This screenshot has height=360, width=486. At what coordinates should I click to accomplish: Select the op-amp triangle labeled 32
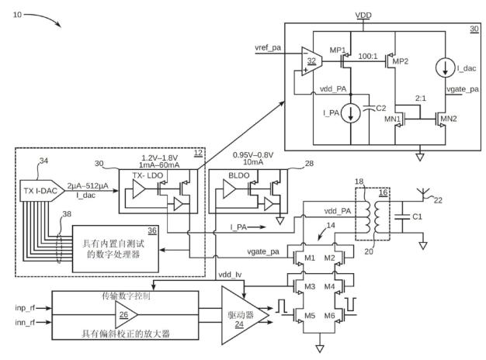(x=311, y=61)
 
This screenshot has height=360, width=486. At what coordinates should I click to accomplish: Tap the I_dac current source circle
(x=445, y=68)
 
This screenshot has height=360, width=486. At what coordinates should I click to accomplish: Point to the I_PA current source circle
(x=351, y=112)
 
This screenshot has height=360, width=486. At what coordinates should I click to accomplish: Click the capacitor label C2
(x=381, y=108)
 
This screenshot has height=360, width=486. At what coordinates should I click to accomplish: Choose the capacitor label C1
(x=417, y=216)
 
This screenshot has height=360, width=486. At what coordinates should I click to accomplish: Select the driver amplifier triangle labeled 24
(x=241, y=316)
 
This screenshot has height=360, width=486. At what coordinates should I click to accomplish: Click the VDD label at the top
(x=363, y=16)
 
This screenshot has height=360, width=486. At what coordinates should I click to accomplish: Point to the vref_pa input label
(x=268, y=47)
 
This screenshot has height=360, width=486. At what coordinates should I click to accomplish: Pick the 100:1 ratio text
(x=368, y=56)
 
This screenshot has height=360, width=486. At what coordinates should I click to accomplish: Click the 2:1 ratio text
(x=421, y=99)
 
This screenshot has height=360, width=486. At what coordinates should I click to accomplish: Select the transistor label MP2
(x=400, y=61)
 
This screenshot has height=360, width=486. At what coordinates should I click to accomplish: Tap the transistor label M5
(x=310, y=315)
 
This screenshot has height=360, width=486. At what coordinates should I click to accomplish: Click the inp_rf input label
(x=25, y=308)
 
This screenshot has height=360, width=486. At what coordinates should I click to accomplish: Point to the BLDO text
(x=238, y=175)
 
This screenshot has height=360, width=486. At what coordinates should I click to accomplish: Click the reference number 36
(x=152, y=230)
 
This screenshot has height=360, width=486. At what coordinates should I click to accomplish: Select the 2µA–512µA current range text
(x=88, y=186)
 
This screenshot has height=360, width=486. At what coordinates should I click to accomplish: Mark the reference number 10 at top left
(x=17, y=15)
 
